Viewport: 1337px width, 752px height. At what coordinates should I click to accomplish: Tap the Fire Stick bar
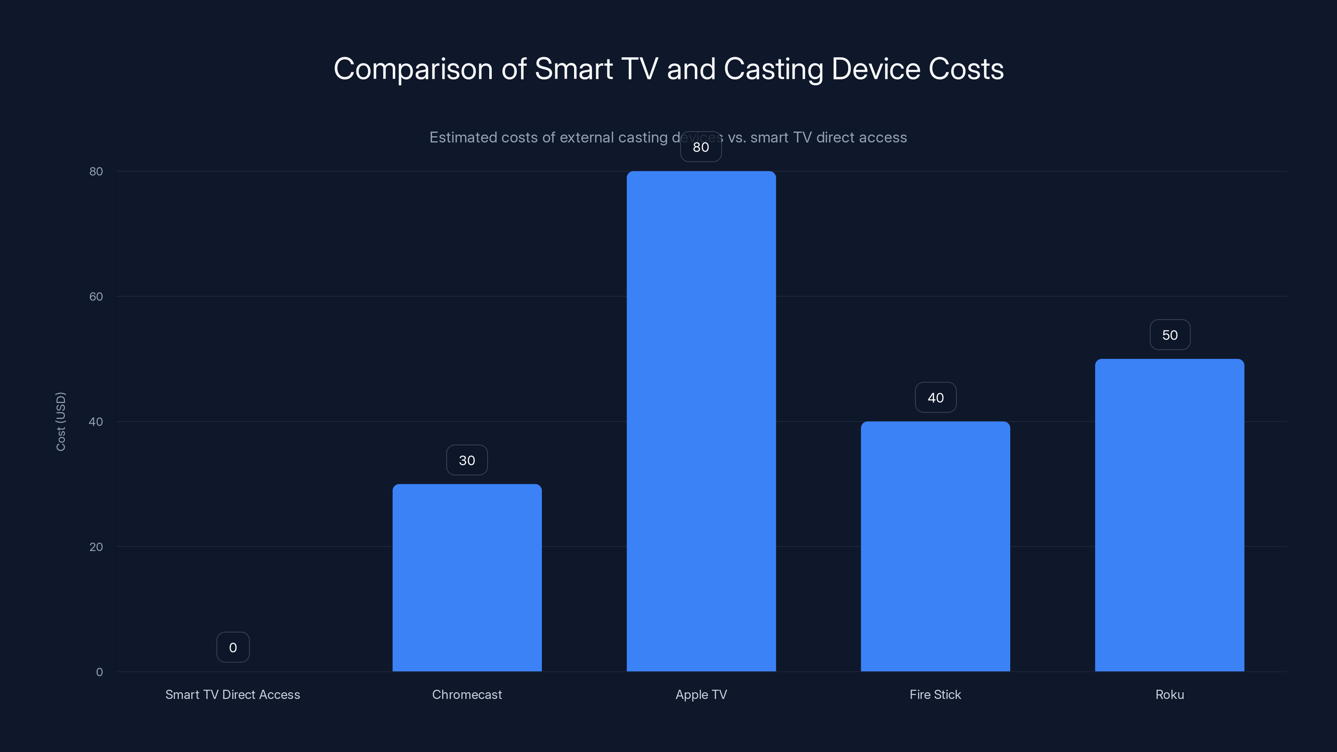click(935, 546)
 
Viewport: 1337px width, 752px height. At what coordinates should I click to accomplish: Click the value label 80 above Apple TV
click(701, 147)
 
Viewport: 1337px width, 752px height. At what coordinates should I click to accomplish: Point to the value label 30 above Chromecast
click(467, 460)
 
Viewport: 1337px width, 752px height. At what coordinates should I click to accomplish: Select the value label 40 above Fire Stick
click(935, 398)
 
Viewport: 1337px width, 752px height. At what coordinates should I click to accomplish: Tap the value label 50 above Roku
click(1169, 335)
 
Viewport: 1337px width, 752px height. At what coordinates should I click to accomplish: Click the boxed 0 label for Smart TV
click(233, 647)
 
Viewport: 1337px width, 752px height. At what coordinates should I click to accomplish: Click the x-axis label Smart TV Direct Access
click(233, 694)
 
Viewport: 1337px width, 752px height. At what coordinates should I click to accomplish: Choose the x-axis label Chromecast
click(467, 694)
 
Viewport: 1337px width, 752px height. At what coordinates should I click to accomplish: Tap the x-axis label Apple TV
click(701, 694)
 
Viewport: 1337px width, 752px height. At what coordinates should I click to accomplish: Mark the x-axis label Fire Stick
click(935, 694)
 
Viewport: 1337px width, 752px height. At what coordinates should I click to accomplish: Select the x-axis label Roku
click(1169, 694)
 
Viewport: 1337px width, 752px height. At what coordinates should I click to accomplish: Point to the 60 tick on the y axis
click(96, 296)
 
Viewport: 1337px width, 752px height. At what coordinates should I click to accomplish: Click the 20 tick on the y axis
click(96, 546)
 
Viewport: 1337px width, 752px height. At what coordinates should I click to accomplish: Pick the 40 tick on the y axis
click(96, 422)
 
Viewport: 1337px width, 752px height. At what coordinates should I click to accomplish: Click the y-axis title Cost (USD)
click(61, 422)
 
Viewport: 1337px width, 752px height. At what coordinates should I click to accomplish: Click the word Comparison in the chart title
click(413, 69)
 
